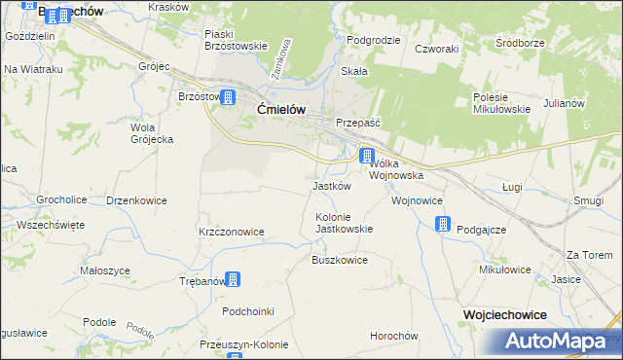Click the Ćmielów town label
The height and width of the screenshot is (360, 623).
click(x=282, y=110)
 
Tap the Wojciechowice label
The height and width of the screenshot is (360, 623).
click(x=505, y=314)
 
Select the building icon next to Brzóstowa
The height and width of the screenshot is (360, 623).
click(x=228, y=97)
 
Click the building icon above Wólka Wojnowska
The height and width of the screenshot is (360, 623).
click(x=367, y=156)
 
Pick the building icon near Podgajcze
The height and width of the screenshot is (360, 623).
click(x=443, y=225)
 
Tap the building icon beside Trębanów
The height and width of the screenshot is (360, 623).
click(x=233, y=279)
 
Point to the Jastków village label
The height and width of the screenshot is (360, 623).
click(x=331, y=186)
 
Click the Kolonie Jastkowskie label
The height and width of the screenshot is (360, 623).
click(x=344, y=222)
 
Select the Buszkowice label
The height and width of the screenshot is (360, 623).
click(x=339, y=260)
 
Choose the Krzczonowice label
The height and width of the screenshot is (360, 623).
click(x=231, y=232)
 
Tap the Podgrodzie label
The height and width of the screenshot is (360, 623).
click(x=374, y=40)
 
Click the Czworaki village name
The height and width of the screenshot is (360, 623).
click(x=435, y=48)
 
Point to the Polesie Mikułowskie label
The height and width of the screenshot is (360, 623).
click(x=501, y=103)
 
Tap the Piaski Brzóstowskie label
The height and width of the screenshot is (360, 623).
click(x=236, y=39)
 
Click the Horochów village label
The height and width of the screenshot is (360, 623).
click(x=393, y=336)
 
